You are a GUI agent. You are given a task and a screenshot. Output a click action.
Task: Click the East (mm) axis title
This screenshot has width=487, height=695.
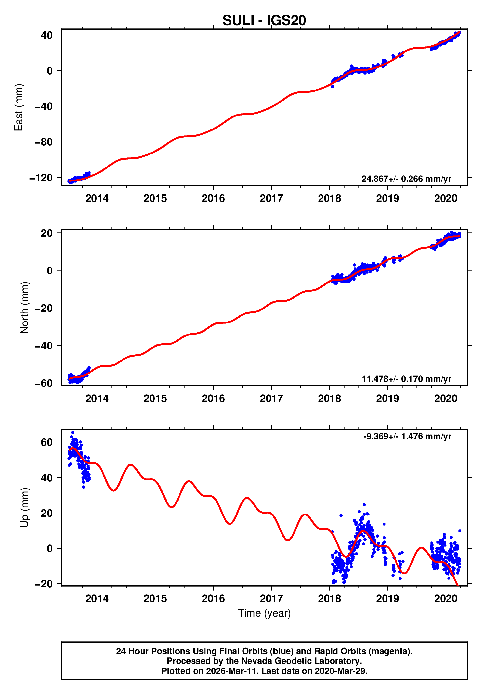[x=18, y=107]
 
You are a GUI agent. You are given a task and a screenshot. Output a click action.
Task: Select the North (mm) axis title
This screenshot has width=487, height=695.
[x=24, y=308]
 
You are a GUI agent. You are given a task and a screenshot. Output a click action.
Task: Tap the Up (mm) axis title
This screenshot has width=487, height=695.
[x=24, y=508]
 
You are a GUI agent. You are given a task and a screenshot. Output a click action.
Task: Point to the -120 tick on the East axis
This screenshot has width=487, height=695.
[x=41, y=178]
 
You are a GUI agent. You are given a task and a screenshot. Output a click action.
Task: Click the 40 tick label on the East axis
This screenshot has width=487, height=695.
[x=47, y=35]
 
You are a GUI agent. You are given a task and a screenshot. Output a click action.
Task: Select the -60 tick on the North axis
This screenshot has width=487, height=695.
[x=44, y=383]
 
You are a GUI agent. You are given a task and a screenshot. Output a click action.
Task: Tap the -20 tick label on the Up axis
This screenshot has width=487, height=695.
[x=44, y=584]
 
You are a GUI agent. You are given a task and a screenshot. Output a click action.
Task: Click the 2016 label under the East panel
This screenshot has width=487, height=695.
[x=213, y=199]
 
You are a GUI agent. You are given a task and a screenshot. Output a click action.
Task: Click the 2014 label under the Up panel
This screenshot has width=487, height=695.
[x=97, y=599]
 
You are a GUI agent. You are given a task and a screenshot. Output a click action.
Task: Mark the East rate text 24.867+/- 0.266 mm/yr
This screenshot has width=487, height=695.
[x=406, y=179]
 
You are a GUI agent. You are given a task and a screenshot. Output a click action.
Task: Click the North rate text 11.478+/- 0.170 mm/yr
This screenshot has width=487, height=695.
[x=406, y=379]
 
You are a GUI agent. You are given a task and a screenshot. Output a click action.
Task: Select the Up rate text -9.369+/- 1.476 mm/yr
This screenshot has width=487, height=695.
[x=407, y=436]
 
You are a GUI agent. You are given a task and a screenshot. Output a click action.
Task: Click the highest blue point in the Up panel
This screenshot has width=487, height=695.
[x=73, y=433]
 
